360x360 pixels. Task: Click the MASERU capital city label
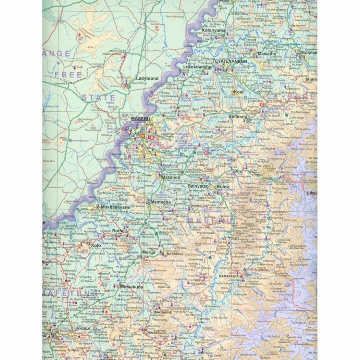pyautogui.click(x=141, y=119)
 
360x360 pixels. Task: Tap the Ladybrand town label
pyautogui.click(x=147, y=79)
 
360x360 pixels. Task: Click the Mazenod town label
pyautogui.click(x=170, y=177)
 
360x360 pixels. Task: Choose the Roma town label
pyautogui.click(x=223, y=186)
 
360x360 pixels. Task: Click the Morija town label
pyautogui.click(x=149, y=252)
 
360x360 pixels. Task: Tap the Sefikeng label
pyautogui.click(x=238, y=117)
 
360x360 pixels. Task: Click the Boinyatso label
pyautogui.click(x=198, y=186)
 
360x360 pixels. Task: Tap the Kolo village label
pyautogui.click(x=96, y=245)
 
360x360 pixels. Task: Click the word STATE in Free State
pyautogui.click(x=98, y=98)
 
